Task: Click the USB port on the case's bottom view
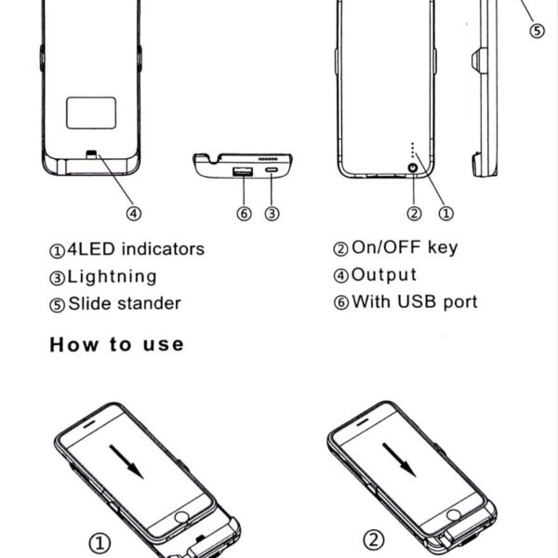click(x=243, y=171)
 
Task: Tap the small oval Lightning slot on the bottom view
click(x=272, y=170)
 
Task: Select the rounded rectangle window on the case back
click(x=91, y=113)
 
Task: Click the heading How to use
click(x=117, y=344)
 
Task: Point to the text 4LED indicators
click(x=136, y=248)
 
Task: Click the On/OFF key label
click(x=405, y=247)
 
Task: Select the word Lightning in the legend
click(x=113, y=276)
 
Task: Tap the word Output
click(x=383, y=274)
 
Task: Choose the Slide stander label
click(x=125, y=303)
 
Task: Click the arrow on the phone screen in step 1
click(x=126, y=462)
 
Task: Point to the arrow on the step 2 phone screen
click(x=399, y=459)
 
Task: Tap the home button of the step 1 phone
click(x=181, y=517)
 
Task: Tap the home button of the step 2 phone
click(x=454, y=515)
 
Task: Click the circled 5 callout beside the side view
click(x=537, y=31)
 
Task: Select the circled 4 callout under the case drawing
click(x=134, y=214)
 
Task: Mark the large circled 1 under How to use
click(x=100, y=543)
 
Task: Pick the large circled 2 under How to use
click(x=374, y=539)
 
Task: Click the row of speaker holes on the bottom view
click(x=268, y=158)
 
